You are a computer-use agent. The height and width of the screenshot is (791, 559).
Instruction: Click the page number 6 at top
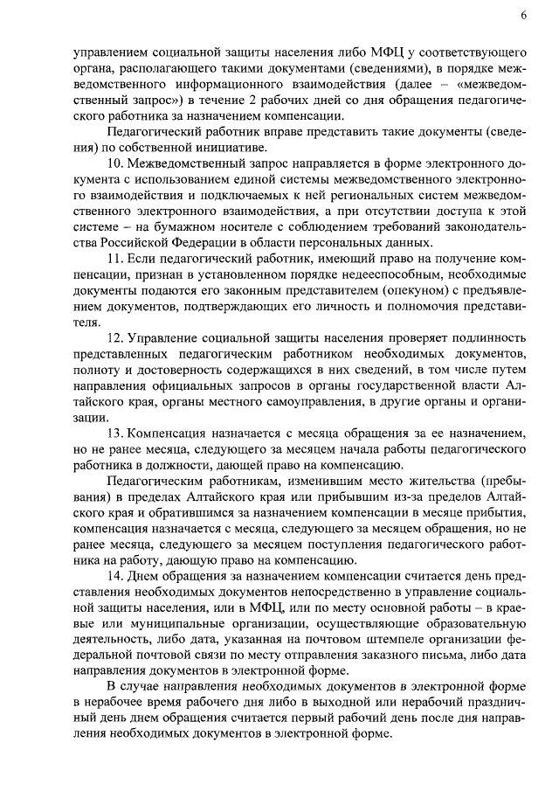[x=522, y=15]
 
